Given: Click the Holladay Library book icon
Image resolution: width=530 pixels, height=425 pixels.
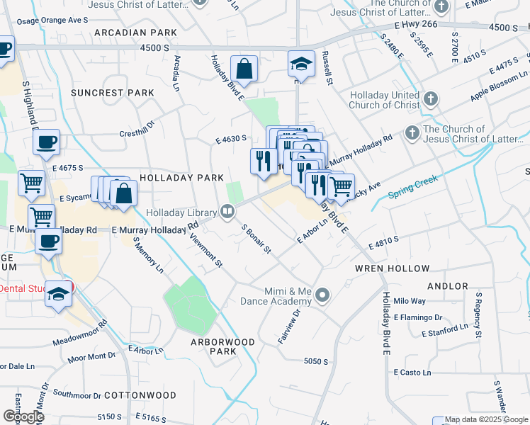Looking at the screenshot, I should tap(227, 210).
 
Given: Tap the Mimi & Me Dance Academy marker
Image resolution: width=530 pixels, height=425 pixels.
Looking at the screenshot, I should tap(323, 294).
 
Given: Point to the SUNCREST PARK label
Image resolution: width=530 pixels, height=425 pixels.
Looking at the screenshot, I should tap(112, 93).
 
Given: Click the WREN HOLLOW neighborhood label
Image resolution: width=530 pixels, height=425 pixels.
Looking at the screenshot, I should tap(392, 268).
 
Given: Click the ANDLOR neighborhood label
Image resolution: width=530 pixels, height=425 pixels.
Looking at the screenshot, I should tap(448, 286).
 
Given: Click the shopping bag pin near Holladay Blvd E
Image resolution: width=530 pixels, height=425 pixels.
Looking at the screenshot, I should tap(244, 69).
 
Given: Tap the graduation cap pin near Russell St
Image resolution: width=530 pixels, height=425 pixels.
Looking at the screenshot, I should tap(301, 64).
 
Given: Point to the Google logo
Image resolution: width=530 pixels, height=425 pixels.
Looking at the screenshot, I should tap(23, 416).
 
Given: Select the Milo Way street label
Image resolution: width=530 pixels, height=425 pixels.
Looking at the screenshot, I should tap(414, 301).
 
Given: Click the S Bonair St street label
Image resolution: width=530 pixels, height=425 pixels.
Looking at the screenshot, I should tap(256, 239).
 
